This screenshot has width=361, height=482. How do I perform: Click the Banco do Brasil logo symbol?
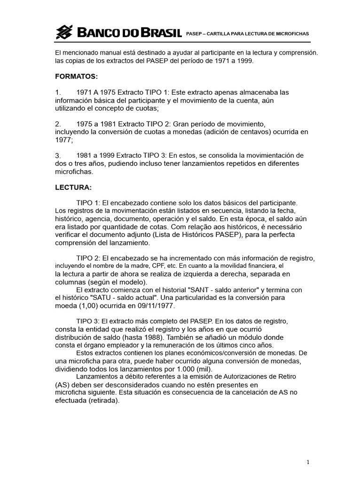(64, 32)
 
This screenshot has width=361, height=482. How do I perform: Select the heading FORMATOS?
(77, 76)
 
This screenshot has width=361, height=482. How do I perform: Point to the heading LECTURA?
(73, 187)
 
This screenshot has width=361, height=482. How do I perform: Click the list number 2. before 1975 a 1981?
(58, 124)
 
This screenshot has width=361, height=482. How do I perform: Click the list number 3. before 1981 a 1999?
(58, 155)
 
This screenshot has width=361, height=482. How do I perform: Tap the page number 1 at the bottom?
(307, 462)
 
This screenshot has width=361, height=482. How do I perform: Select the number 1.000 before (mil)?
(177, 369)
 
